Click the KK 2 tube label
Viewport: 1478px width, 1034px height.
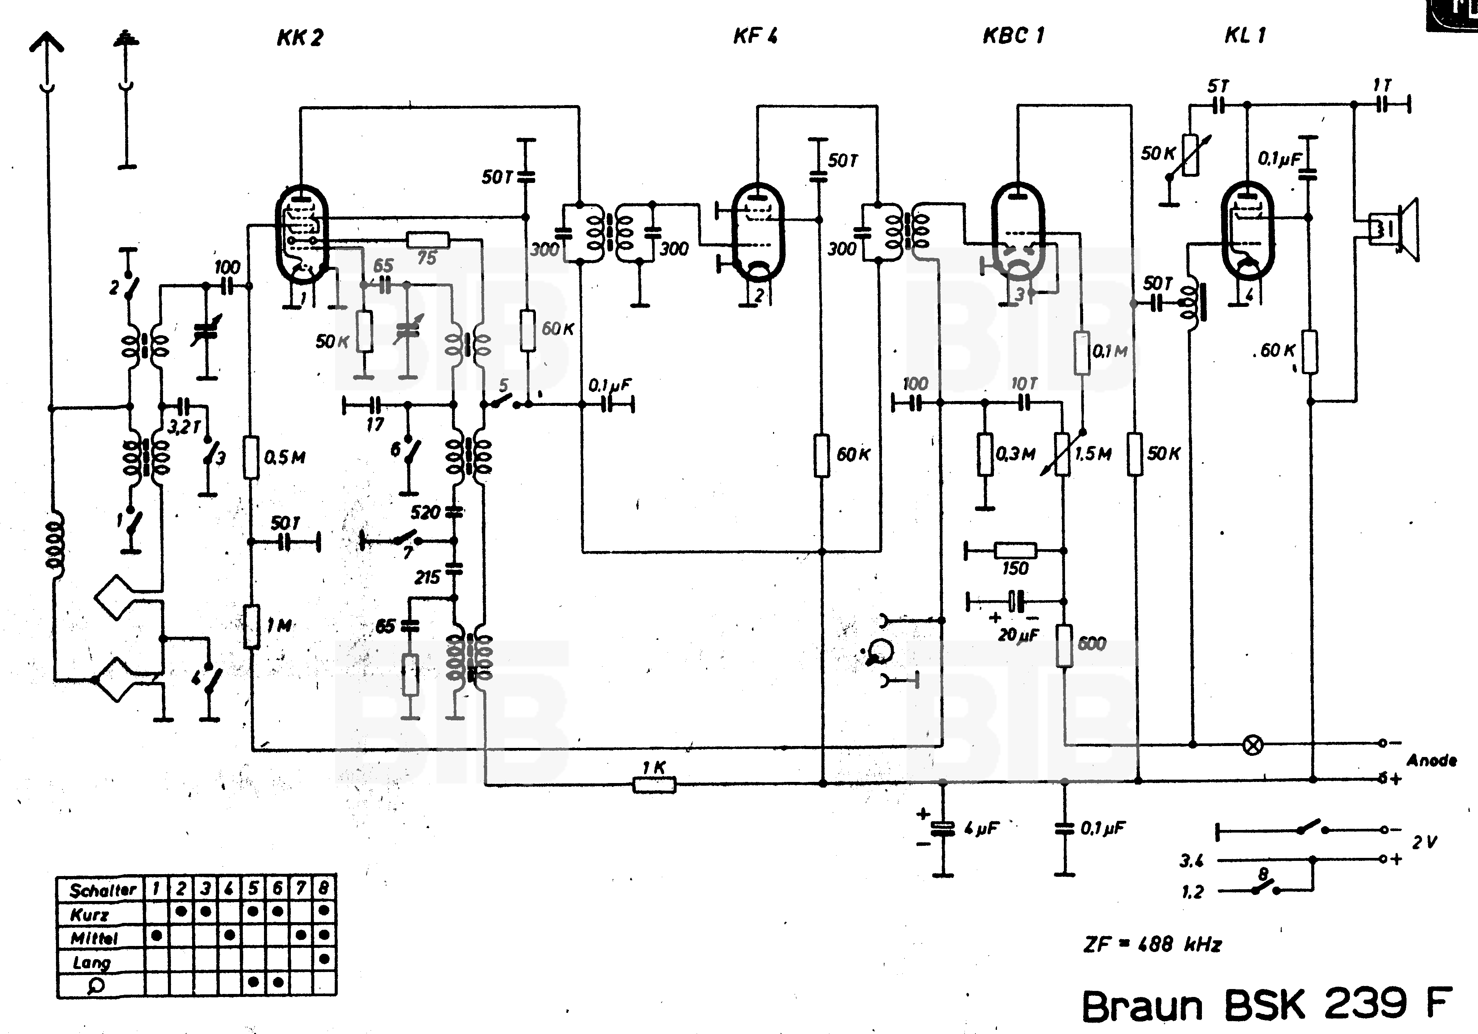[x=300, y=37]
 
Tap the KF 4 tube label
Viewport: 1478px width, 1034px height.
[x=755, y=36]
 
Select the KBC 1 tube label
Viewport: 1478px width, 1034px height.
[x=1013, y=36]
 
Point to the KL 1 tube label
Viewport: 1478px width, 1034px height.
[x=1244, y=36]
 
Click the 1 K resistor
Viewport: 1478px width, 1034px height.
[x=654, y=784]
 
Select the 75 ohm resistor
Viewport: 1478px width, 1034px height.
[x=428, y=241]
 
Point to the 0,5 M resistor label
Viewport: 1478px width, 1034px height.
[x=284, y=458]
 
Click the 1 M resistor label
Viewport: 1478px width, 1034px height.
[x=279, y=625]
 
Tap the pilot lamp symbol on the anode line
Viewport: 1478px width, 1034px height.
[x=1253, y=745]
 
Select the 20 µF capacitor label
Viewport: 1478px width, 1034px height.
[x=1018, y=635]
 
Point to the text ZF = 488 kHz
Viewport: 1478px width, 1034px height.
[x=1152, y=944]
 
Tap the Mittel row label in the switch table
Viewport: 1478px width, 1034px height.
[x=94, y=938]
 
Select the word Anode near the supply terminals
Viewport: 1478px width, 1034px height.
[x=1431, y=760]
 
